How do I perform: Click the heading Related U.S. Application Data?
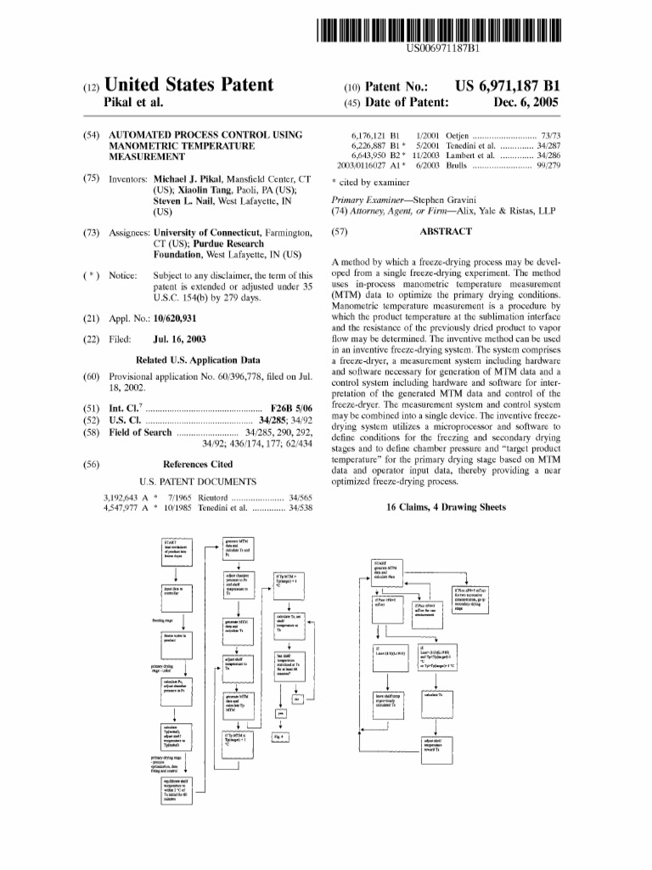(x=198, y=359)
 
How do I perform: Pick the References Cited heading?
(x=198, y=465)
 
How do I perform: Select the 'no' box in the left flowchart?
(x=296, y=699)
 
